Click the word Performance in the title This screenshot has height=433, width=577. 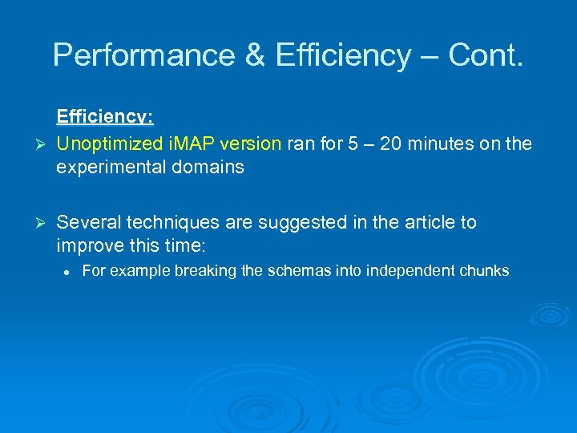[x=142, y=55]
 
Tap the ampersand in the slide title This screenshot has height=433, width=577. [x=254, y=55]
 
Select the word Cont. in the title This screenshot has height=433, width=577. [x=486, y=55]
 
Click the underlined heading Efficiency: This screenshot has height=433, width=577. [x=104, y=117]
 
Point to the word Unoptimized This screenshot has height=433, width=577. [x=110, y=144]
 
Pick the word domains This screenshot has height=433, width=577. [x=214, y=168]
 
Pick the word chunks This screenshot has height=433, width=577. [x=485, y=271]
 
